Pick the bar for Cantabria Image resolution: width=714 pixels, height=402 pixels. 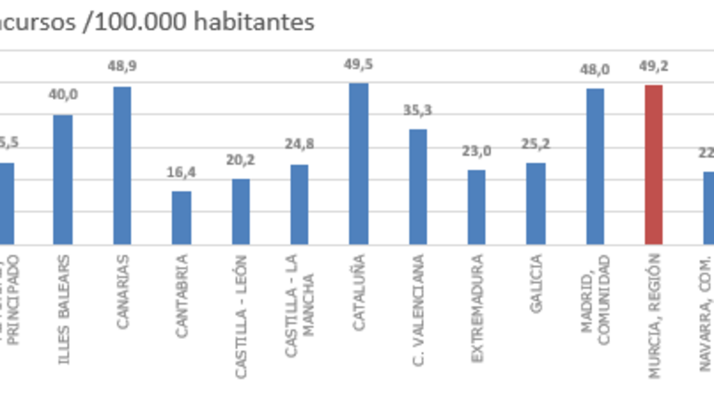[181, 218]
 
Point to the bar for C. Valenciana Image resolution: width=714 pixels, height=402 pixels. [417, 186]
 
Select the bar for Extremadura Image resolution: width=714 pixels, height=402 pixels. [476, 207]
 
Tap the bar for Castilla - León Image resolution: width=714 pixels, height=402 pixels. [241, 211]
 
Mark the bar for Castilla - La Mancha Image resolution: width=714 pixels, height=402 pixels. [299, 204]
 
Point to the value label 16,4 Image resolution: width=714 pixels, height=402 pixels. [181, 172]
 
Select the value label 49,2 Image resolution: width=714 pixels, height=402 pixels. [654, 65]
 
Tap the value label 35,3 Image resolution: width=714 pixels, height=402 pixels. [417, 110]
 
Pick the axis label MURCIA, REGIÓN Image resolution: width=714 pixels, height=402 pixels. [654, 315]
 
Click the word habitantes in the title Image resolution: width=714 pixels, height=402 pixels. [257, 21]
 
